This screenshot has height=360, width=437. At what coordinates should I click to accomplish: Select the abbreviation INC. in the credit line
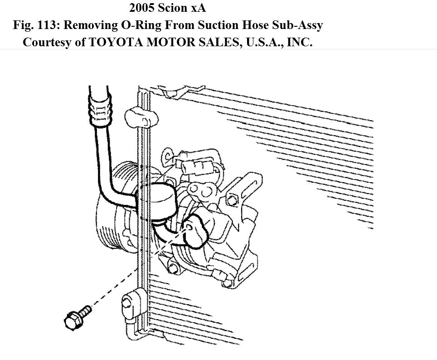pos(298,43)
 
